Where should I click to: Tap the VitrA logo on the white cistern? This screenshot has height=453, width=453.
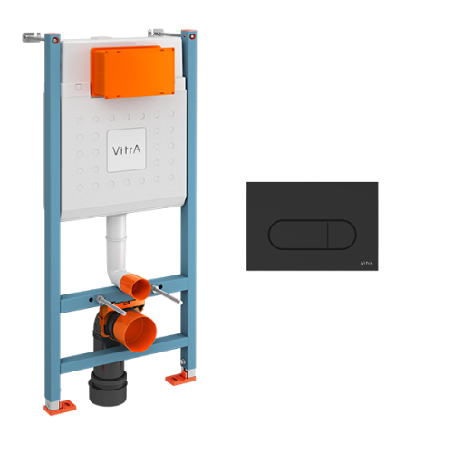click(127, 147)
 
